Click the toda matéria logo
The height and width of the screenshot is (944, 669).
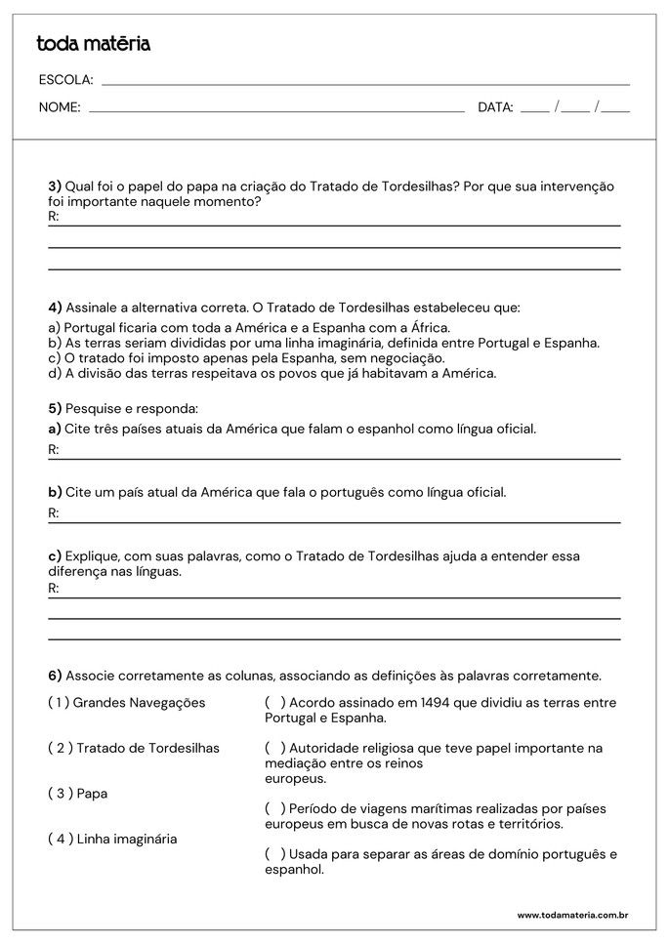click(93, 44)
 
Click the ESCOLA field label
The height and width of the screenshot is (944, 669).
click(65, 80)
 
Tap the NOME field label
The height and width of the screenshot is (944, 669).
click(60, 107)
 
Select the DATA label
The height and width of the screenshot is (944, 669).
click(495, 107)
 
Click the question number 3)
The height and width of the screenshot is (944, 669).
click(55, 186)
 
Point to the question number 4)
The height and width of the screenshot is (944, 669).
click(55, 307)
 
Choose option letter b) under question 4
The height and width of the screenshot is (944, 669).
click(55, 343)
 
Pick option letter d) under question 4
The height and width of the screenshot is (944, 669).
click(55, 372)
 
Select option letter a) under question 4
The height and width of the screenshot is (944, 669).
click(55, 328)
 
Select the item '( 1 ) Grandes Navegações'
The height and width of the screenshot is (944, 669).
click(127, 702)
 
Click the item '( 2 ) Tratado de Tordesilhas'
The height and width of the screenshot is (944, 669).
click(134, 748)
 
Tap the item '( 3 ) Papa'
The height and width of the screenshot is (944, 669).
click(78, 794)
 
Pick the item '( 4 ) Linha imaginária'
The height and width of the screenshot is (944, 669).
click(112, 839)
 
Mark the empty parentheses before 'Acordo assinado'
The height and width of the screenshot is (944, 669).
click(275, 702)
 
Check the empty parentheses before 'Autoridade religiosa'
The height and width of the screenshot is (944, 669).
click(275, 748)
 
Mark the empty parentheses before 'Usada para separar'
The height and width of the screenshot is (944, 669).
click(275, 854)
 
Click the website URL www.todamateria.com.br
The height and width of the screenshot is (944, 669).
click(571, 915)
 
